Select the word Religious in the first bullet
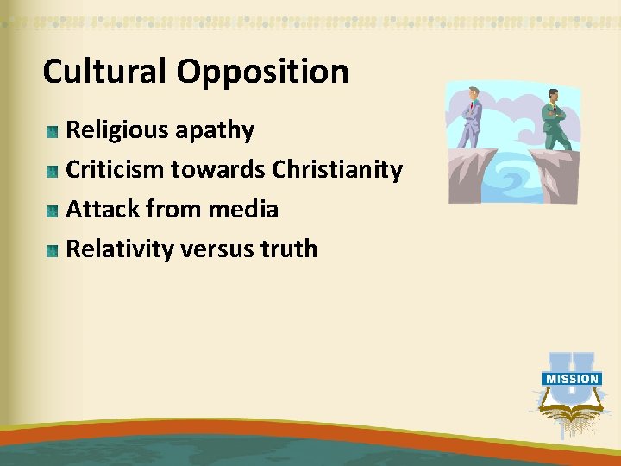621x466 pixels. (x=117, y=131)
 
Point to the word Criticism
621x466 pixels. (x=116, y=170)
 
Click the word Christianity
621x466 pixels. (x=337, y=171)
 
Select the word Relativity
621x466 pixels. (x=120, y=249)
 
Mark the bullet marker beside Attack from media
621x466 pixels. (x=53, y=211)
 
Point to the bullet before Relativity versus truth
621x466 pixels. (x=53, y=251)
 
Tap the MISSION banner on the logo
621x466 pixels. (x=571, y=378)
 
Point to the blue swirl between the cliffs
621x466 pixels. (x=514, y=178)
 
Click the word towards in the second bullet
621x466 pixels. (x=218, y=171)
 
